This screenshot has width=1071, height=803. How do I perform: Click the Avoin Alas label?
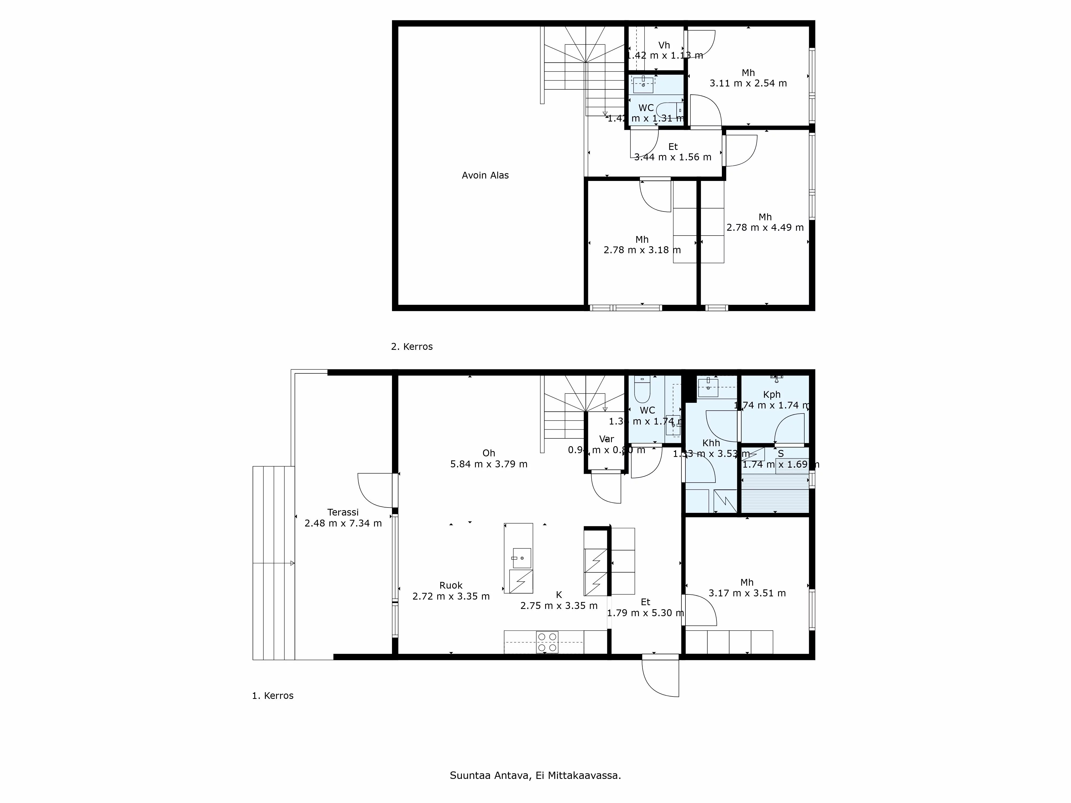(x=485, y=175)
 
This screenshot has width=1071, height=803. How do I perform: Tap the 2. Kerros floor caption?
(x=412, y=347)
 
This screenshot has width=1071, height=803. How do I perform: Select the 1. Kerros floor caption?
(x=273, y=696)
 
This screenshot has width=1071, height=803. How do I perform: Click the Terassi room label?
(x=343, y=512)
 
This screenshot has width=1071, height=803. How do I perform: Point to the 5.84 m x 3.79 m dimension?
(x=489, y=464)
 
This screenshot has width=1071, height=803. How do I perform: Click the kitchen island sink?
(x=522, y=558)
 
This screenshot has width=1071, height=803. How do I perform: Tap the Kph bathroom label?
(x=772, y=395)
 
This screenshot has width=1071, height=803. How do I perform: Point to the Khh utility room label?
(x=711, y=443)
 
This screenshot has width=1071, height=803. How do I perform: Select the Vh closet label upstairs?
(x=664, y=45)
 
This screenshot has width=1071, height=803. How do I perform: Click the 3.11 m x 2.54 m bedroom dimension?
(x=748, y=83)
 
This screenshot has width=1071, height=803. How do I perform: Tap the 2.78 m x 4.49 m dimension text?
(x=765, y=228)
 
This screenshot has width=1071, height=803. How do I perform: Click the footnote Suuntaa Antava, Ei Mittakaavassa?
(x=535, y=775)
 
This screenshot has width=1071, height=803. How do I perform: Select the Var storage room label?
(x=606, y=439)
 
